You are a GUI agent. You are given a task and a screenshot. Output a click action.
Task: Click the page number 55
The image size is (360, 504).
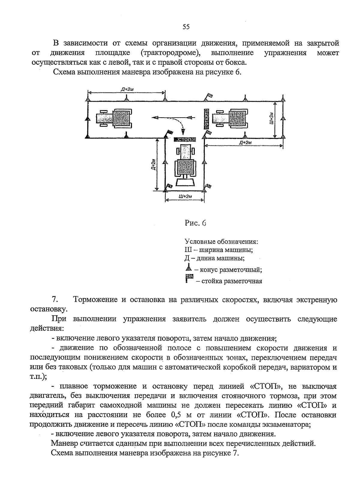tap(186, 27)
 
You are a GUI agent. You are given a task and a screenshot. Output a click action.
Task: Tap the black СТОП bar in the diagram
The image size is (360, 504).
tap(185, 139)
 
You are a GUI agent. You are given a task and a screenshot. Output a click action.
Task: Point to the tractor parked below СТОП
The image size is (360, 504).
tap(185, 162)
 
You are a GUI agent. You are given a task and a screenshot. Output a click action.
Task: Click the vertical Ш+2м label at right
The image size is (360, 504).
tap(271, 119)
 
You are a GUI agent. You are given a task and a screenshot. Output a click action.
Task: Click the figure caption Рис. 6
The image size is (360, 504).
tap(195, 223)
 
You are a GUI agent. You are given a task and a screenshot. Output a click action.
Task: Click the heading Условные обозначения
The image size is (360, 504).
tap(222, 241)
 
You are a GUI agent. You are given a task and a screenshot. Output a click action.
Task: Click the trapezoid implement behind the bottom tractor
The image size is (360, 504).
tap(185, 183)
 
